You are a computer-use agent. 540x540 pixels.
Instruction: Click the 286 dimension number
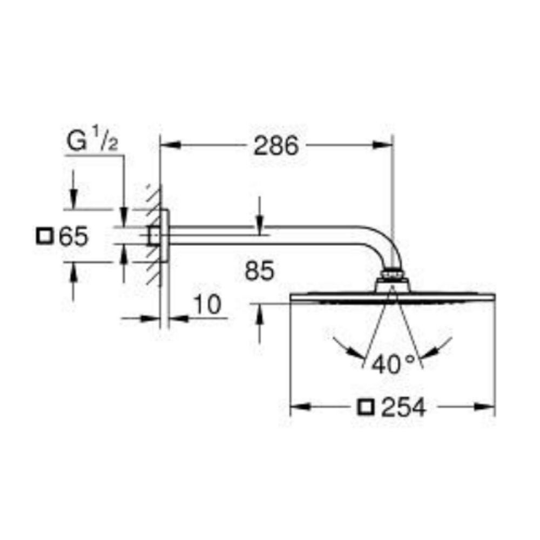click(x=275, y=145)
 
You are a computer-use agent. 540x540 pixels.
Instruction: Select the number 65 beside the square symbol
click(x=73, y=237)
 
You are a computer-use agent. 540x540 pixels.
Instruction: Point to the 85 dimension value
click(x=259, y=271)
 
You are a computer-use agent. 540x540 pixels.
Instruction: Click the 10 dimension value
click(x=208, y=305)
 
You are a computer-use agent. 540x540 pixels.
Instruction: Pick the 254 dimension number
click(x=403, y=407)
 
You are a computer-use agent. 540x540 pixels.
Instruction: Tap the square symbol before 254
click(x=366, y=407)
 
